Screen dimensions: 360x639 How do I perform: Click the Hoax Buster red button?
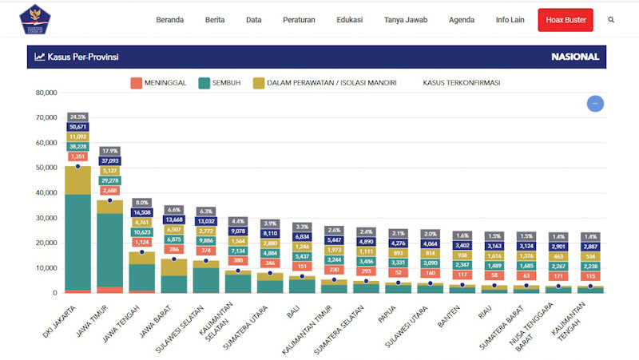(x=566, y=20)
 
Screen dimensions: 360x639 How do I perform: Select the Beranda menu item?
(x=170, y=20)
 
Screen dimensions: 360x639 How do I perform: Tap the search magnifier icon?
(x=612, y=20)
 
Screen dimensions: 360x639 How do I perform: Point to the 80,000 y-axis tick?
(x=46, y=93)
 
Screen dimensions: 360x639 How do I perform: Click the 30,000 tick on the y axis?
(x=46, y=218)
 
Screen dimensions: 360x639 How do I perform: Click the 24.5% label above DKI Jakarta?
(x=77, y=117)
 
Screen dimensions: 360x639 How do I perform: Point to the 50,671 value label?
(x=77, y=127)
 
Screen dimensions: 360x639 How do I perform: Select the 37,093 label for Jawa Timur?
(x=109, y=160)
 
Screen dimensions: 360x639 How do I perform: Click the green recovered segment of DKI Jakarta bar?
(x=77, y=239)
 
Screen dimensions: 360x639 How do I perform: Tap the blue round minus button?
(x=595, y=104)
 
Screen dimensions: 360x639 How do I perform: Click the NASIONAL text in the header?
(x=574, y=57)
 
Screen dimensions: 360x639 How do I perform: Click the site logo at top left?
(x=34, y=20)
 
